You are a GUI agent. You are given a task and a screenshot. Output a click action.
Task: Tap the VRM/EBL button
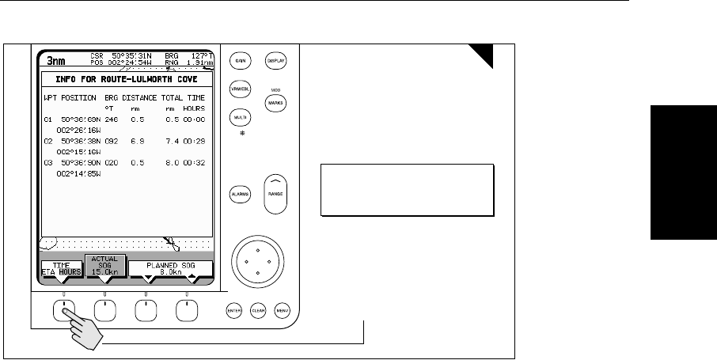(239, 89)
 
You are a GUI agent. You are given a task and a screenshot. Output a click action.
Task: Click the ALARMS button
(240, 194)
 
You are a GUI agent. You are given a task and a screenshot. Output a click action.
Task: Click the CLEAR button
(259, 310)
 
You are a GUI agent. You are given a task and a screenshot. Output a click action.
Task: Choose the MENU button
(283, 310)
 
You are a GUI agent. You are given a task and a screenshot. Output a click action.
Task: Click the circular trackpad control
(258, 258)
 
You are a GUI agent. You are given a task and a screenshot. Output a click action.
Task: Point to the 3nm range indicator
(56, 60)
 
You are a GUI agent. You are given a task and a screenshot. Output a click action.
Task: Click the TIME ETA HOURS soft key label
(62, 269)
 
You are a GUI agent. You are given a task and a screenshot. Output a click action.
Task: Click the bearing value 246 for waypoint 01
(112, 117)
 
